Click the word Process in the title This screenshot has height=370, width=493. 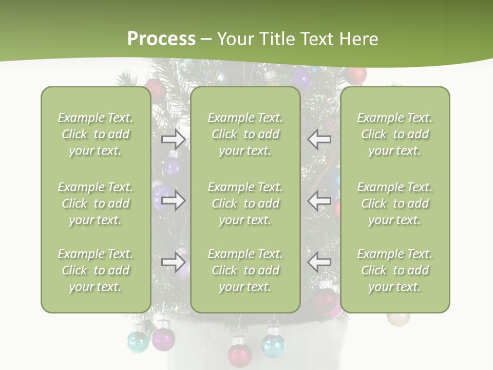161,39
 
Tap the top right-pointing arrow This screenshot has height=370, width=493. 174,139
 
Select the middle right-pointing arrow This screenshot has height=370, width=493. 174,200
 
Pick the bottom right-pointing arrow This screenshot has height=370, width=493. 174,263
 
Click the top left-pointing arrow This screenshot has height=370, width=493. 319,139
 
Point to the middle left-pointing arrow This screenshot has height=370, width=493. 319,200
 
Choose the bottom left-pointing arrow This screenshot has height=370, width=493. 319,263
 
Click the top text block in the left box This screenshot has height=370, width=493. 96,134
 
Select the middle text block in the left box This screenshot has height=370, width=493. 96,203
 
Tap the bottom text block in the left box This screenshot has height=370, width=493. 96,270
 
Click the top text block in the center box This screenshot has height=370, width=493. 245,134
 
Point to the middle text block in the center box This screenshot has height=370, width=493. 245,203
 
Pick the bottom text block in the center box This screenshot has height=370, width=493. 245,270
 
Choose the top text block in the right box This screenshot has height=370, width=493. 395,134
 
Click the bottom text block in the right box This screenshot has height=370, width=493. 395,270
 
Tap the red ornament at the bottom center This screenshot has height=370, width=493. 239,354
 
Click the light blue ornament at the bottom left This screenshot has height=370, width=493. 138,341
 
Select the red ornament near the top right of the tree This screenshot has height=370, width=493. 355,76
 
